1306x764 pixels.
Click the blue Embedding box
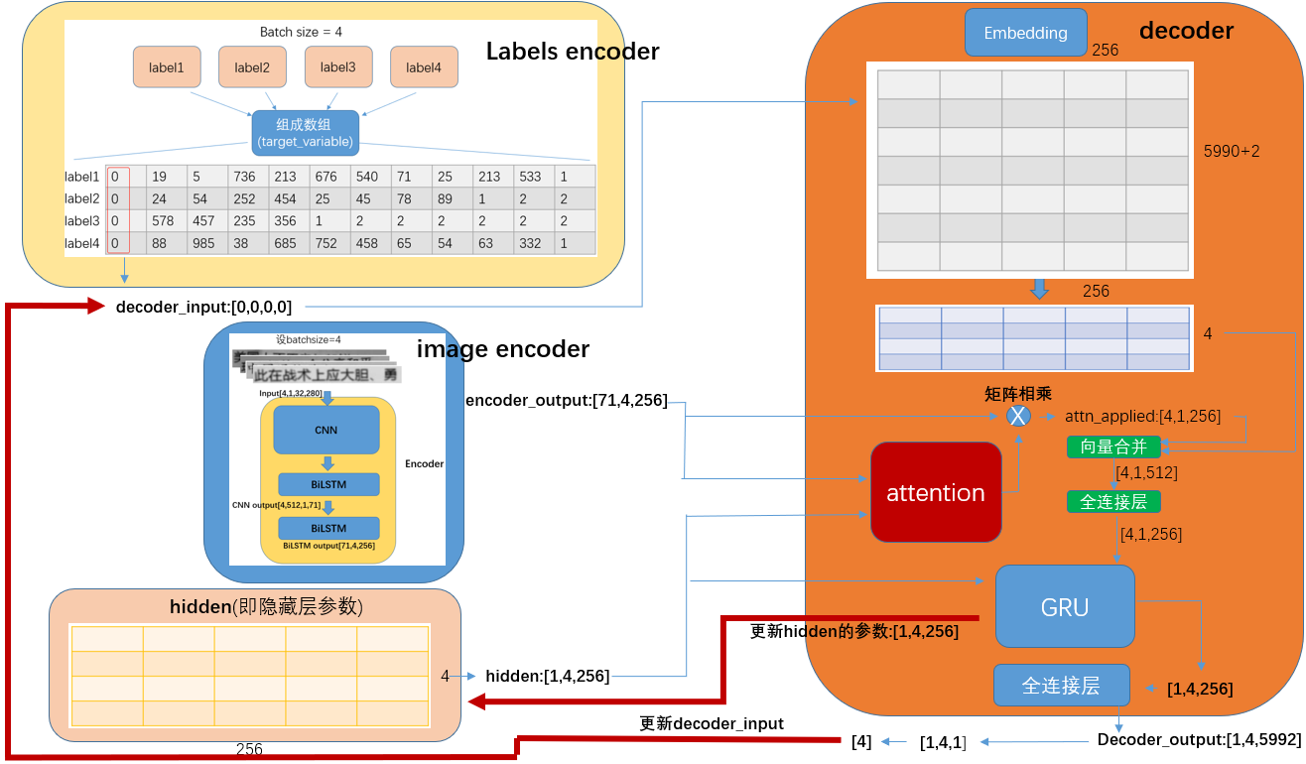(x=1025, y=33)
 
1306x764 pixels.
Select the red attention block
(x=936, y=492)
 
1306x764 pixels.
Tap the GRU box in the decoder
(x=1065, y=606)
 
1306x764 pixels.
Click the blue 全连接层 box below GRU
(x=1061, y=685)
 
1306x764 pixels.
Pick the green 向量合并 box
(x=1113, y=446)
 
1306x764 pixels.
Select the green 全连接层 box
(x=1113, y=502)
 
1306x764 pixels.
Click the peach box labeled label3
(x=337, y=67)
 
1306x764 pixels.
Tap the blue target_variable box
(x=305, y=133)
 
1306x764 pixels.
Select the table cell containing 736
(x=244, y=177)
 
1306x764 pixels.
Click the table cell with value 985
(x=203, y=243)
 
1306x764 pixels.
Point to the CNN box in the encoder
(x=326, y=430)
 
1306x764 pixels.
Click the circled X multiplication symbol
(x=1017, y=416)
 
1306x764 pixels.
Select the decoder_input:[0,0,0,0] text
(x=203, y=307)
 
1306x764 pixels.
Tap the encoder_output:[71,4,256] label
(x=566, y=400)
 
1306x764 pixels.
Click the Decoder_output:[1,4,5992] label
(x=1198, y=740)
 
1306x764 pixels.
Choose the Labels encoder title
(x=572, y=52)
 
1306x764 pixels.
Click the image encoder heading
(x=502, y=349)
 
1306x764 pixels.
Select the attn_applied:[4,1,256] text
(x=1142, y=416)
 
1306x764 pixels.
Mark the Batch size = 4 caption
(x=301, y=32)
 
